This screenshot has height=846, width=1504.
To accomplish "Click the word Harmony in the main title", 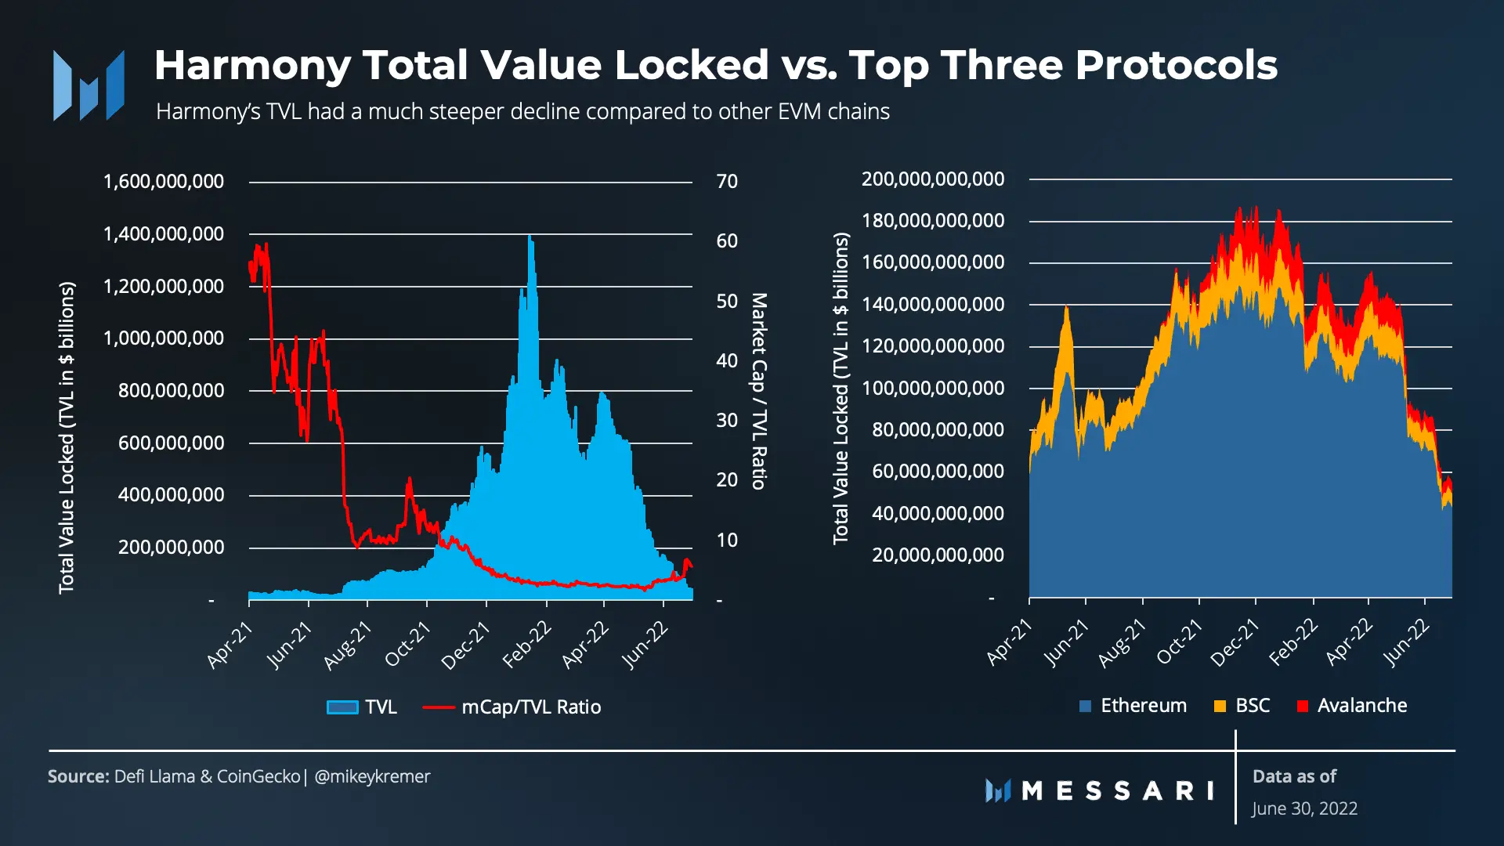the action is [252, 66].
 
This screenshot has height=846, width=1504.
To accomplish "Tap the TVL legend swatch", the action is [342, 707].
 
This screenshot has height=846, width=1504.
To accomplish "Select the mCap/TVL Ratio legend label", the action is [531, 707].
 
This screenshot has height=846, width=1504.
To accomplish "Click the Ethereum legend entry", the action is [1133, 706].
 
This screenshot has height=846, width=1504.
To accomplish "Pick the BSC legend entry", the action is [1242, 706].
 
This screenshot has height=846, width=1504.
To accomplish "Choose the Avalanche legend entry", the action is [1352, 706].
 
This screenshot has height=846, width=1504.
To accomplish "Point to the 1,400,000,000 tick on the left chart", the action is [164, 233].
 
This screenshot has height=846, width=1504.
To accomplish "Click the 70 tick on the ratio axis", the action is [727, 182].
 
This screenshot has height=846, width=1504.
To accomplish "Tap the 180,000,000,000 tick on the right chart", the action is [933, 221].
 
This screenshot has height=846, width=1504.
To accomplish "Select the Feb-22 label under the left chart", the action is [527, 645].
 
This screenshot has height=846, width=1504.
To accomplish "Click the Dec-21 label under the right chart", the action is [1235, 642].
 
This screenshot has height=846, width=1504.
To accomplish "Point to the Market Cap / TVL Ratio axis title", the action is [759, 391].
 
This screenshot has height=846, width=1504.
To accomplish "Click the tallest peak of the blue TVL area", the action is [530, 236].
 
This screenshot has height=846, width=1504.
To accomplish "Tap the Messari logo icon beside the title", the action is [89, 85].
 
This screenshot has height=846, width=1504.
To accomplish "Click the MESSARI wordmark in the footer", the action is [1118, 791].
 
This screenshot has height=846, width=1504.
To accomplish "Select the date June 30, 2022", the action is [1304, 808].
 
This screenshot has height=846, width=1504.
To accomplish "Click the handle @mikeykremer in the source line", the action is [372, 777].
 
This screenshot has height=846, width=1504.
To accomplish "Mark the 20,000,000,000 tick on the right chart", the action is [938, 555].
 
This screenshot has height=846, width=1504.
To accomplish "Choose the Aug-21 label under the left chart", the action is [348, 645].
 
